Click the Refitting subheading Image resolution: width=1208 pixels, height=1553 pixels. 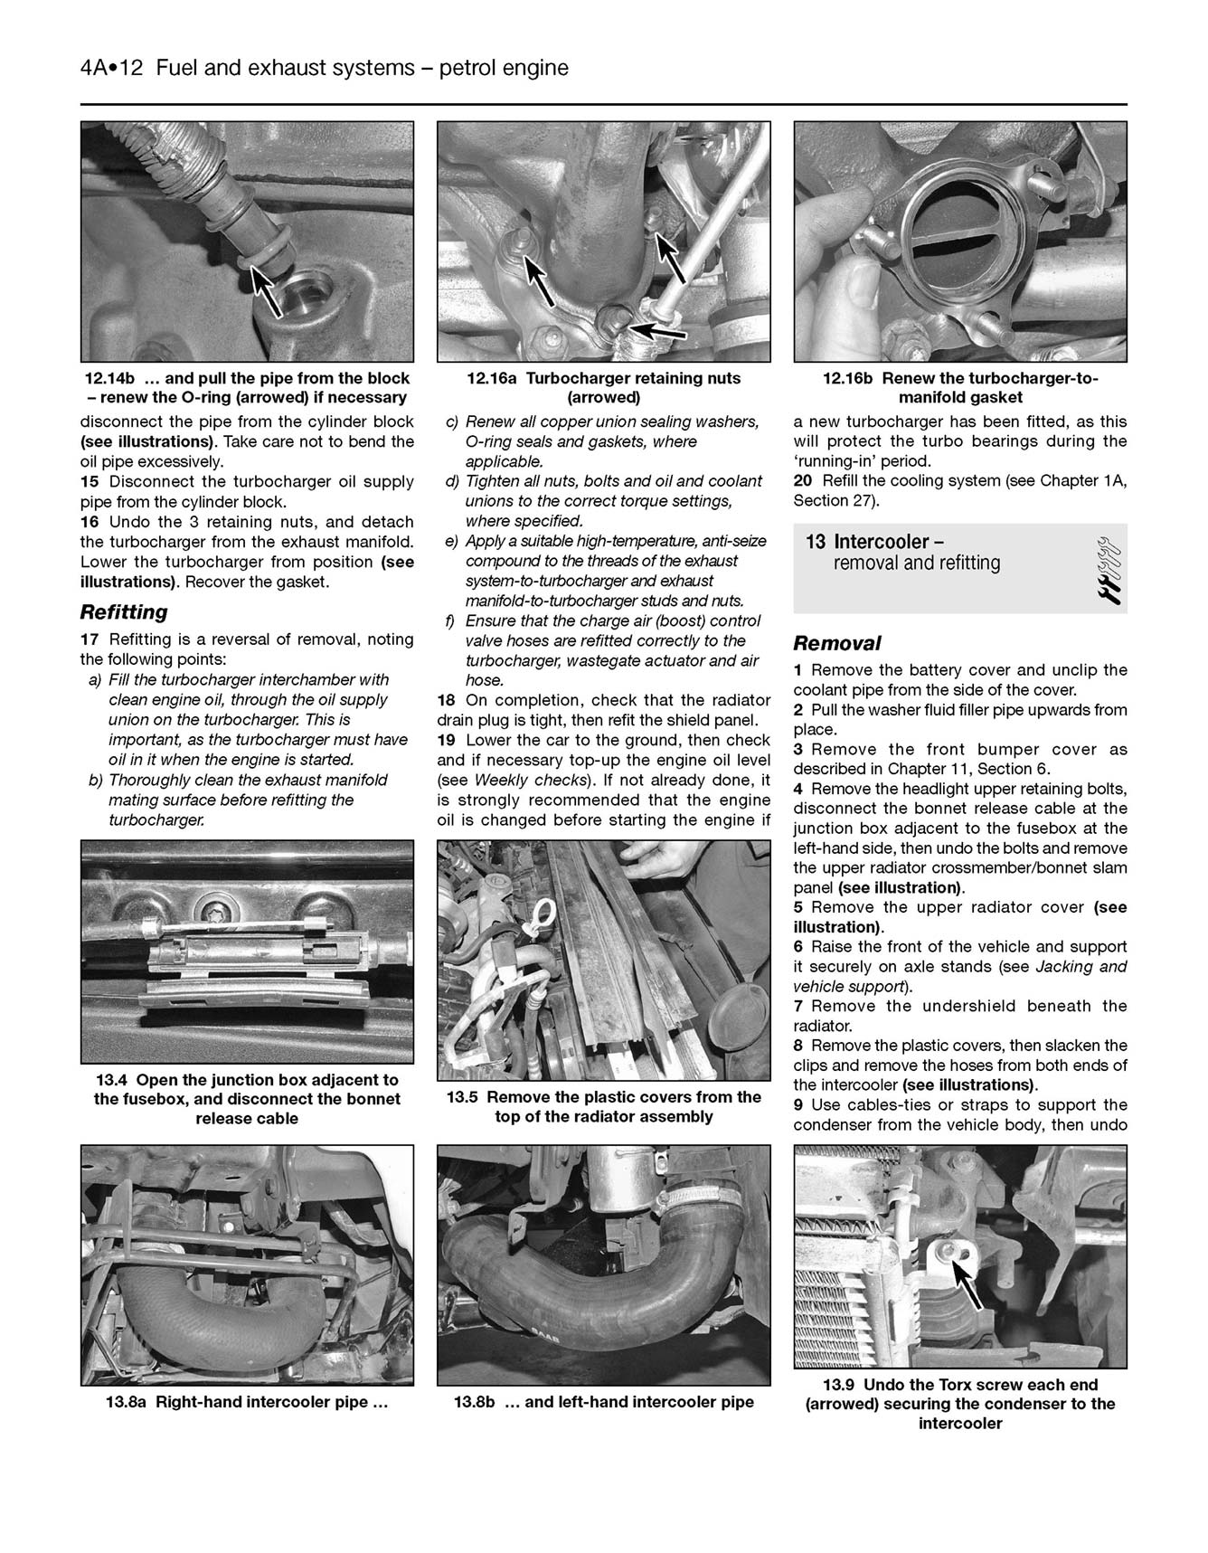coord(124,612)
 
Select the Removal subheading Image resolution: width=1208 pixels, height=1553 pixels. coord(836,644)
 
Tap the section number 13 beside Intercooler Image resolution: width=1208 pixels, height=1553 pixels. coord(816,542)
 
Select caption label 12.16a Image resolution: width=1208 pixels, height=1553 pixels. coord(491,379)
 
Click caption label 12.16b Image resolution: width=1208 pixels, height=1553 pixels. coord(847,379)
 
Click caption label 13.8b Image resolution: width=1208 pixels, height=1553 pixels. coord(484,1403)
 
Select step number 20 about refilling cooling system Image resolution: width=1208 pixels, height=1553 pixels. coord(803,481)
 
